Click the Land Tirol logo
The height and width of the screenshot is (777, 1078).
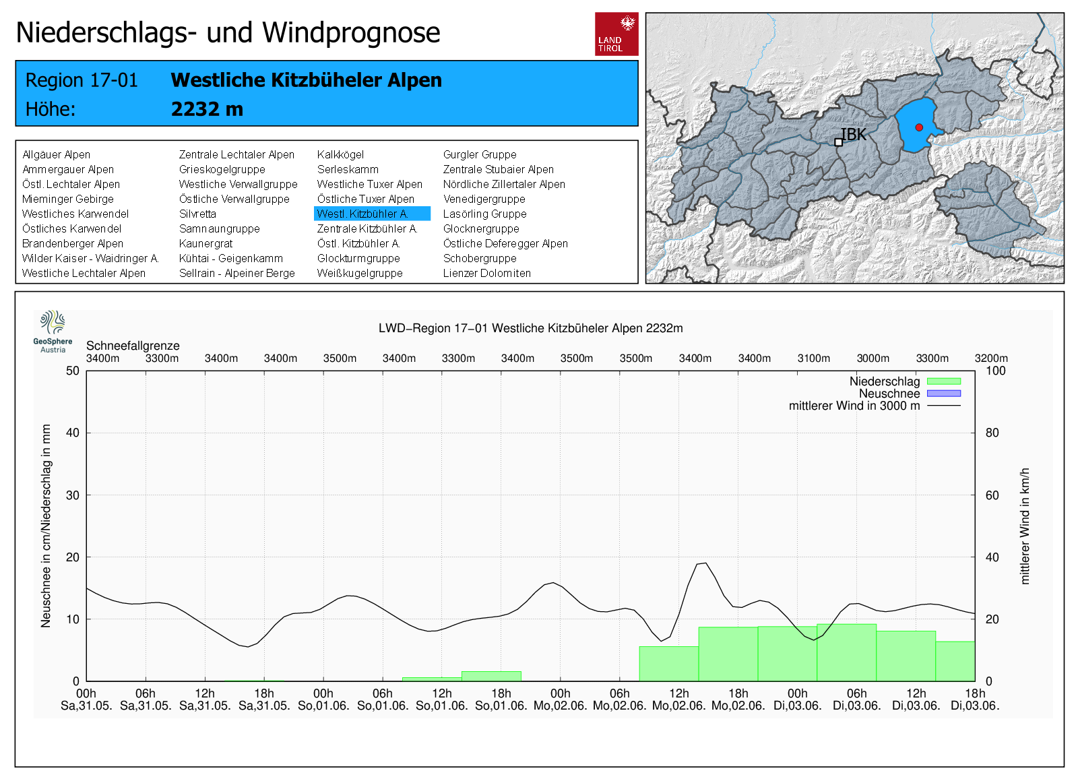[616, 34]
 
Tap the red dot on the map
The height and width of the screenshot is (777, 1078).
[919, 127]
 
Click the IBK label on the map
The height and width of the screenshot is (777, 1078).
[854, 135]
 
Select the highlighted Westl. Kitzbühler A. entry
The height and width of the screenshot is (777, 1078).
[372, 214]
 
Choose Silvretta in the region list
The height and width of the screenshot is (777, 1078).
[197, 214]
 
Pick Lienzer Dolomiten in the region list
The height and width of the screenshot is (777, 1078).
[486, 273]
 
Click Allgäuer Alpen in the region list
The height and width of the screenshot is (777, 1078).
[56, 154]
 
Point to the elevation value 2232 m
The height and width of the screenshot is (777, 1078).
[207, 109]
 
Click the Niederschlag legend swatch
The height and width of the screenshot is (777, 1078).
[943, 381]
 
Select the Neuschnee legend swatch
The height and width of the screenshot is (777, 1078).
[943, 394]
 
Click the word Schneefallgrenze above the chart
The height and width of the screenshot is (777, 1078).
[133, 346]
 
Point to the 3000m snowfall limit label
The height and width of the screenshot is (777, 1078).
[873, 359]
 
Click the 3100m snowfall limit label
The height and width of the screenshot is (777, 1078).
[813, 359]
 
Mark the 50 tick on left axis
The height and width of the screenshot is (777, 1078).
[73, 371]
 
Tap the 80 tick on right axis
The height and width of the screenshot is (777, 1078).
[992, 433]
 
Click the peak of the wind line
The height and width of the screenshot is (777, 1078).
[705, 563]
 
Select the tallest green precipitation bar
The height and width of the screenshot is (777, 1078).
[846, 652]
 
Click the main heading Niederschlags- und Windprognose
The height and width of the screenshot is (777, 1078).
[228, 32]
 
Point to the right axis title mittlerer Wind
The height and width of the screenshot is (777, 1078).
[1025, 526]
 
